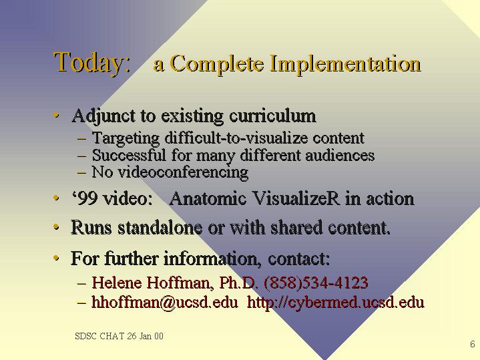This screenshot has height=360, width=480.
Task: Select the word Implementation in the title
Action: (346, 65)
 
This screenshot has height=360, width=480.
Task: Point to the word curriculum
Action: (272, 116)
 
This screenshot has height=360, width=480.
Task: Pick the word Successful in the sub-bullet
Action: (129, 155)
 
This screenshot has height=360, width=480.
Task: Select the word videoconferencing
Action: (183, 172)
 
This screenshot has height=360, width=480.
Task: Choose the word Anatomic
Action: (208, 198)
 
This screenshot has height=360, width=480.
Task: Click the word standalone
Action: (160, 227)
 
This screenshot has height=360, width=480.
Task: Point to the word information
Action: (212, 258)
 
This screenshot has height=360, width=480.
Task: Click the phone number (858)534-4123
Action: (316, 283)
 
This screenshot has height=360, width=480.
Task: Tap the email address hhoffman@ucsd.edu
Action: (165, 303)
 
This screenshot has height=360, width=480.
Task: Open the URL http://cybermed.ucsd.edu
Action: (336, 303)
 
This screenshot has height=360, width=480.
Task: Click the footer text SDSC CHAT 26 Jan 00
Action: (119, 336)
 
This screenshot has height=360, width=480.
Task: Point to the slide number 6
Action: (473, 344)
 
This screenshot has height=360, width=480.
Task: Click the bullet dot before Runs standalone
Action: (56, 227)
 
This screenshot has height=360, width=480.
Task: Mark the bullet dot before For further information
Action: (56, 258)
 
